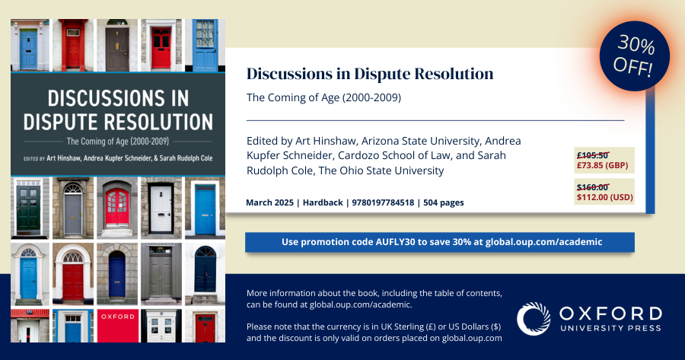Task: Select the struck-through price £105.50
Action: (x=593, y=155)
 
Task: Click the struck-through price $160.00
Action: (x=593, y=187)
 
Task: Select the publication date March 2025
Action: (x=271, y=202)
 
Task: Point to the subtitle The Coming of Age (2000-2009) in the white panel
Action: (x=323, y=98)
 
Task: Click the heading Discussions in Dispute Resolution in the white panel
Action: (x=370, y=74)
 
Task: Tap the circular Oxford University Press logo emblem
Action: (x=534, y=319)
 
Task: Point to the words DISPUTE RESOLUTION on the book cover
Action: (x=117, y=121)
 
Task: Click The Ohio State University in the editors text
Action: (x=381, y=170)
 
